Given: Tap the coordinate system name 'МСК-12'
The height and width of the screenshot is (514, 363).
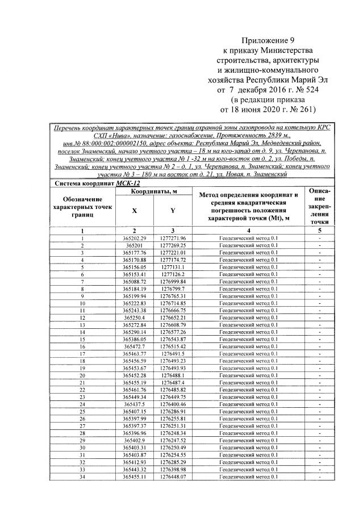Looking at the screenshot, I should tap(128, 183).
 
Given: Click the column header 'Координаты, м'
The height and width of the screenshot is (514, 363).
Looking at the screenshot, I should tap(155, 193).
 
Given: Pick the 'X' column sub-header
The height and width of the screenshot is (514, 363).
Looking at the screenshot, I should tap(134, 211).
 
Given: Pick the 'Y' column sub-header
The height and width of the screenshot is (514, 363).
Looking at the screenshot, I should tap(173, 211).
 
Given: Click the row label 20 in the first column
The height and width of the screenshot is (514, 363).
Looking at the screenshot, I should tap(82, 375).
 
